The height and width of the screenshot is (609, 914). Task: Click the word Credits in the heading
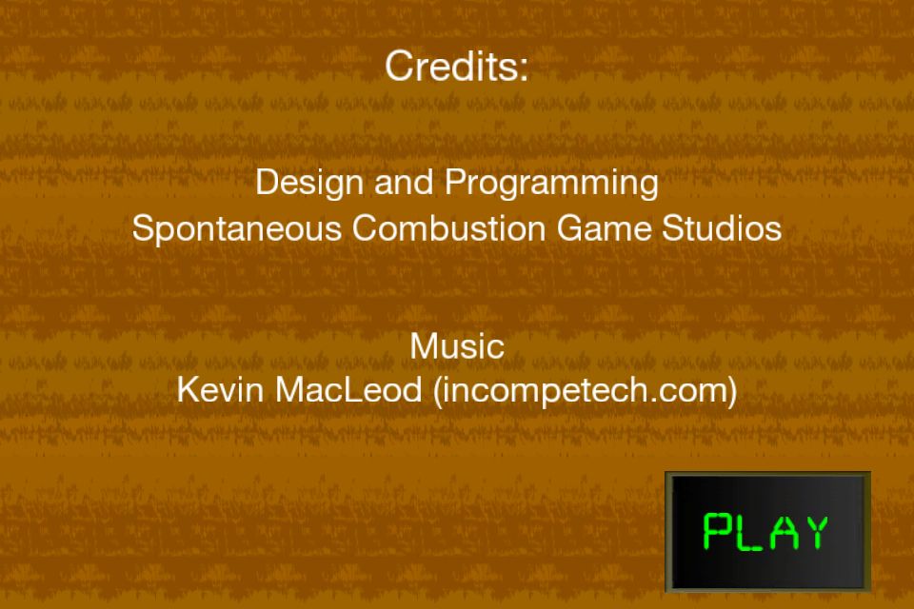point(448,66)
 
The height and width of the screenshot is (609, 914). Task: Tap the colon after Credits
point(523,69)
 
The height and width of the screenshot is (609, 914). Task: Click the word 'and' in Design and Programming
point(404,182)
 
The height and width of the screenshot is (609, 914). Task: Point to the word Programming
point(552,184)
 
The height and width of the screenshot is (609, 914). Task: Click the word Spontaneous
point(237,228)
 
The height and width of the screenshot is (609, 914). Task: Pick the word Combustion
point(448,227)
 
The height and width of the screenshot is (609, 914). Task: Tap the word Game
point(604,227)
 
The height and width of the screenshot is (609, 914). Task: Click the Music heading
point(457,346)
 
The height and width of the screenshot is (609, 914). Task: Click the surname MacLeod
point(348,389)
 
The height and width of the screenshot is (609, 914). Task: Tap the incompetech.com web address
point(584,390)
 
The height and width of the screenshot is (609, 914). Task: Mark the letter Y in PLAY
point(815,531)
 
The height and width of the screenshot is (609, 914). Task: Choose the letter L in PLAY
point(748,531)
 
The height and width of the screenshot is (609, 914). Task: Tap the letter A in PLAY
point(783,531)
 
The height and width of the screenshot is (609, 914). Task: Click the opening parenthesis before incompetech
point(438,391)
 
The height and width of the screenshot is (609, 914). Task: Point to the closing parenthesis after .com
point(731,391)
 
